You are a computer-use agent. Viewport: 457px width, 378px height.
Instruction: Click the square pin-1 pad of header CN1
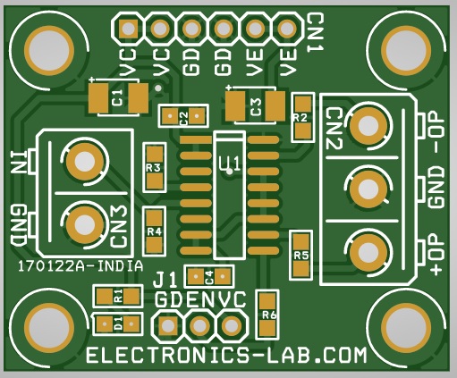129,29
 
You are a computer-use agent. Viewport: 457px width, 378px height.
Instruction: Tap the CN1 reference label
316,33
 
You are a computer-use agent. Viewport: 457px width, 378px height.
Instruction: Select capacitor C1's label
118,97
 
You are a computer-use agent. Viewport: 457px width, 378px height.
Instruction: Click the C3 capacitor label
256,107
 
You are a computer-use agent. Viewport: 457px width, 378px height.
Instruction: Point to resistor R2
303,117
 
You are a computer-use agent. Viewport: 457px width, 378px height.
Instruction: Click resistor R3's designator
154,168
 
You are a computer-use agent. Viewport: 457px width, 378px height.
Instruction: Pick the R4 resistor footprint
155,231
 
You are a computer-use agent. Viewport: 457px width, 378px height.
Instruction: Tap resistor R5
301,256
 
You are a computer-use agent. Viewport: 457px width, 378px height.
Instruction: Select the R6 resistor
267,315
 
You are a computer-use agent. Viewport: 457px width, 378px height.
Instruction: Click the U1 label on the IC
229,164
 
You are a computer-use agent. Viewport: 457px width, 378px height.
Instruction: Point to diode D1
118,323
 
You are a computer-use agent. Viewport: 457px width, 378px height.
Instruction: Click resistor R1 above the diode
118,297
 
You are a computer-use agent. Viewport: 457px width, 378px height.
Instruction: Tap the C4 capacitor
209,277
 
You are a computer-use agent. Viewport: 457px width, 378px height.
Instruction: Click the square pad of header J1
167,326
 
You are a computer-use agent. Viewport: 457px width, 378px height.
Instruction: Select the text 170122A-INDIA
80,266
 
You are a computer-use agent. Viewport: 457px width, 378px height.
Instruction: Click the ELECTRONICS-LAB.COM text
226,355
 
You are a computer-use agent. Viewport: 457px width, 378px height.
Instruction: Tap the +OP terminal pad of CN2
367,253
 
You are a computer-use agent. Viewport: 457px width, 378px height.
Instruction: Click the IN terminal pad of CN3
84,162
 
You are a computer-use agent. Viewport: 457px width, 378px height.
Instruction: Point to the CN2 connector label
334,129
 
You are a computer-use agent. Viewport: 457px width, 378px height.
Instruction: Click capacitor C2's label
183,116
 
